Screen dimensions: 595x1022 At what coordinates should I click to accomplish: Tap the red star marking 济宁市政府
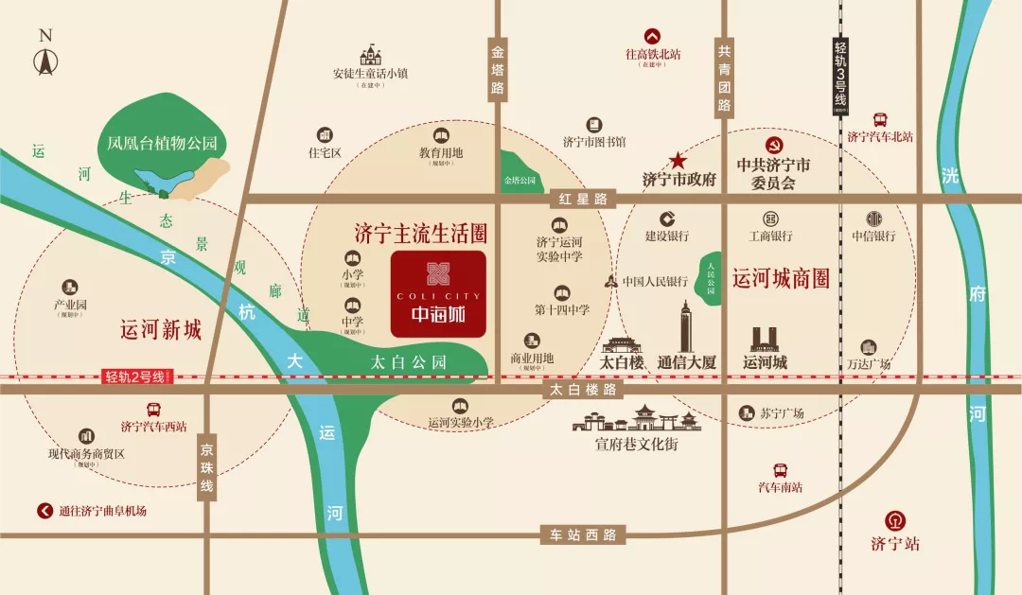click(x=678, y=161)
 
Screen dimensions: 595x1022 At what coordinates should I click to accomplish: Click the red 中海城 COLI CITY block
click(x=438, y=294)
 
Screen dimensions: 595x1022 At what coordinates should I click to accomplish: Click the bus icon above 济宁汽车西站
click(x=153, y=410)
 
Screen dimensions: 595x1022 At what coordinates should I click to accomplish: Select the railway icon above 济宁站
click(x=894, y=520)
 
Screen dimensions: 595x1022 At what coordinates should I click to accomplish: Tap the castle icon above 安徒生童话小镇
click(x=370, y=56)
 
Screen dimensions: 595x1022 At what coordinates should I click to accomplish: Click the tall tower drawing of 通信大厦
click(x=686, y=327)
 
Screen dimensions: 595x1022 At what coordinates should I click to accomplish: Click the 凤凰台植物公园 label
click(x=162, y=145)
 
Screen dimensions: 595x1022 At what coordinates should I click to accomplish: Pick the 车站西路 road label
click(x=584, y=535)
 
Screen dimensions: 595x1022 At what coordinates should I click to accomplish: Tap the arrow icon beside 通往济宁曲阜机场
click(x=44, y=511)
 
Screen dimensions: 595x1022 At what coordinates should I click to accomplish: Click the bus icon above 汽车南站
click(x=781, y=470)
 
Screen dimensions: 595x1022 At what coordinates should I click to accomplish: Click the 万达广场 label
click(x=869, y=364)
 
